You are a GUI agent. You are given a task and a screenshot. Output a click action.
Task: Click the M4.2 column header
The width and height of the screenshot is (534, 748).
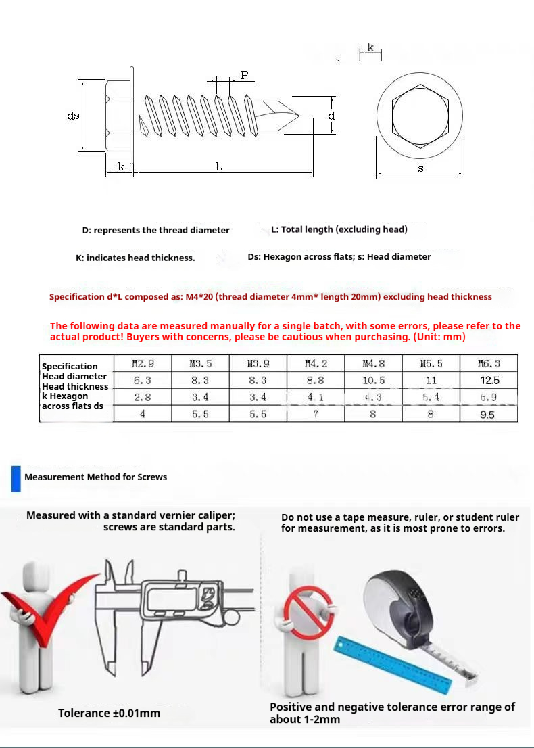tap(316, 364)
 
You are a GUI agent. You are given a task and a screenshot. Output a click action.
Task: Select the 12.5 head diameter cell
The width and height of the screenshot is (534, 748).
tap(489, 381)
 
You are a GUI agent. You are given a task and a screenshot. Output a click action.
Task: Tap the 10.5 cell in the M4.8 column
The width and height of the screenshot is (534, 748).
tap(373, 381)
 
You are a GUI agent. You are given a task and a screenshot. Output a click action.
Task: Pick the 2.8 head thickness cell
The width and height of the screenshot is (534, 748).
tap(143, 397)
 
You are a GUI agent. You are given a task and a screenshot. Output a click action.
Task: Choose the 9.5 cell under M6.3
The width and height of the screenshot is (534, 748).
tap(487, 415)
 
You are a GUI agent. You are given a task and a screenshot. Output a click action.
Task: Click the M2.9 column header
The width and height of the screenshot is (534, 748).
tap(143, 364)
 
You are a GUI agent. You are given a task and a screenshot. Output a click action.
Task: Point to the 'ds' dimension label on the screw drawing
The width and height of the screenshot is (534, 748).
tap(73, 116)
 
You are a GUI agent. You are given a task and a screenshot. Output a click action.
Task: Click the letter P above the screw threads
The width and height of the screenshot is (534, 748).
tap(244, 75)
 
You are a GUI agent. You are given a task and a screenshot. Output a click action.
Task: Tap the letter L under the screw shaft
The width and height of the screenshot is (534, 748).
tap(219, 166)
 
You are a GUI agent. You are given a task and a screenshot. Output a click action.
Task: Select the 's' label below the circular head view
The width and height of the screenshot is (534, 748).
tap(420, 168)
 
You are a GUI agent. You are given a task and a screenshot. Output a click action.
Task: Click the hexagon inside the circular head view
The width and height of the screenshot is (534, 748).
tap(420, 116)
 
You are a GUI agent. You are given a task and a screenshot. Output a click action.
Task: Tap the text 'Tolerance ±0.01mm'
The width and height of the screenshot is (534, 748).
tap(109, 713)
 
